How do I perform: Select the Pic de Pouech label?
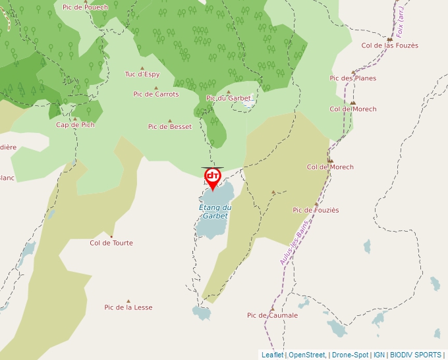tap(85, 7)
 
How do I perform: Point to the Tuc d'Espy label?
tap(142, 74)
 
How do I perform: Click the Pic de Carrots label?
tap(156, 94)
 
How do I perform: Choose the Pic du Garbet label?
tap(229, 98)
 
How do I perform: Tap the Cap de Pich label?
tap(75, 124)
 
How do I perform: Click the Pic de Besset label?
tap(170, 126)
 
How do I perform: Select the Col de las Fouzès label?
tap(390, 45)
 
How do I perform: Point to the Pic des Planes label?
tap(353, 78)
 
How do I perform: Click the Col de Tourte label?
tap(111, 243)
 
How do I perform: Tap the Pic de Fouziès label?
tap(316, 210)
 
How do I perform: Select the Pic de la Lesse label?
tap(128, 307)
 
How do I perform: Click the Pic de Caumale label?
tap(272, 315)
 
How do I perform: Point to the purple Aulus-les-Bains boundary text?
tap(294, 243)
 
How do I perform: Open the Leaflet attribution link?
tap(272, 355)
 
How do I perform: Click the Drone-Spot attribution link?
tap(350, 355)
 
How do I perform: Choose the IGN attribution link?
tap(379, 355)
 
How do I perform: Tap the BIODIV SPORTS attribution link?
tap(416, 355)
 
